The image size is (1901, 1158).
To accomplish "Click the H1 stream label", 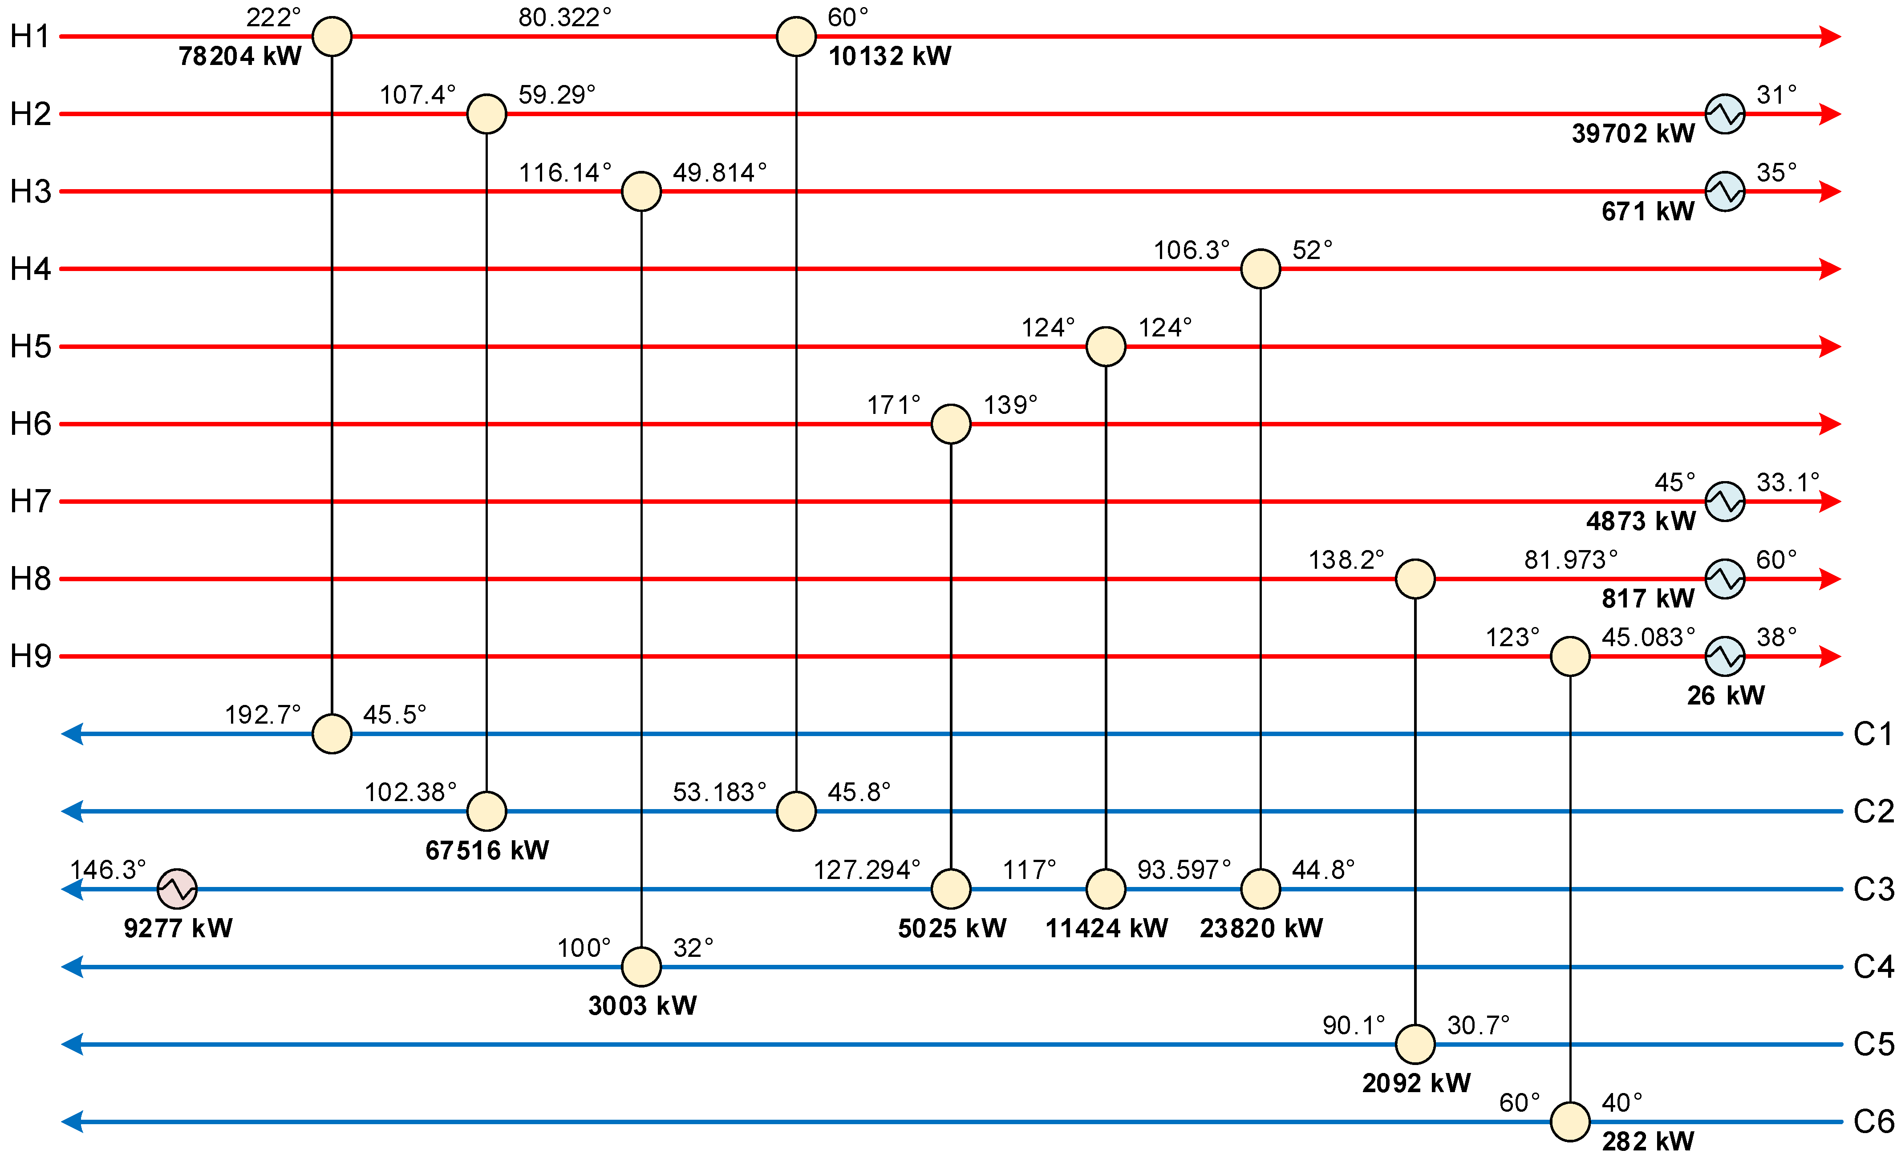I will coord(29,36).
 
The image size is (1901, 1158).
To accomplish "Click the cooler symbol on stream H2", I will coord(1724,114).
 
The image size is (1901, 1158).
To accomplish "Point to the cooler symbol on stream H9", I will coord(1724,656).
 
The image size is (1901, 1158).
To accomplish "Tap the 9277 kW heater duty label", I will coord(178,928).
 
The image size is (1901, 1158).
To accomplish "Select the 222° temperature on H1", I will coord(273,17).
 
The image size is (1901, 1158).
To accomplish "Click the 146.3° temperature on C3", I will coord(108,870).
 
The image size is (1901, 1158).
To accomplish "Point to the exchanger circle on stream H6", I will coord(951,424).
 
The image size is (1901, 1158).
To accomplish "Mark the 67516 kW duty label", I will coord(487,850).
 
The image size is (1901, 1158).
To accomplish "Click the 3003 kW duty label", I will coord(642,1005).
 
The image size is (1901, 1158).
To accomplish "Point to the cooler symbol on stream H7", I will coord(1724,502).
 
